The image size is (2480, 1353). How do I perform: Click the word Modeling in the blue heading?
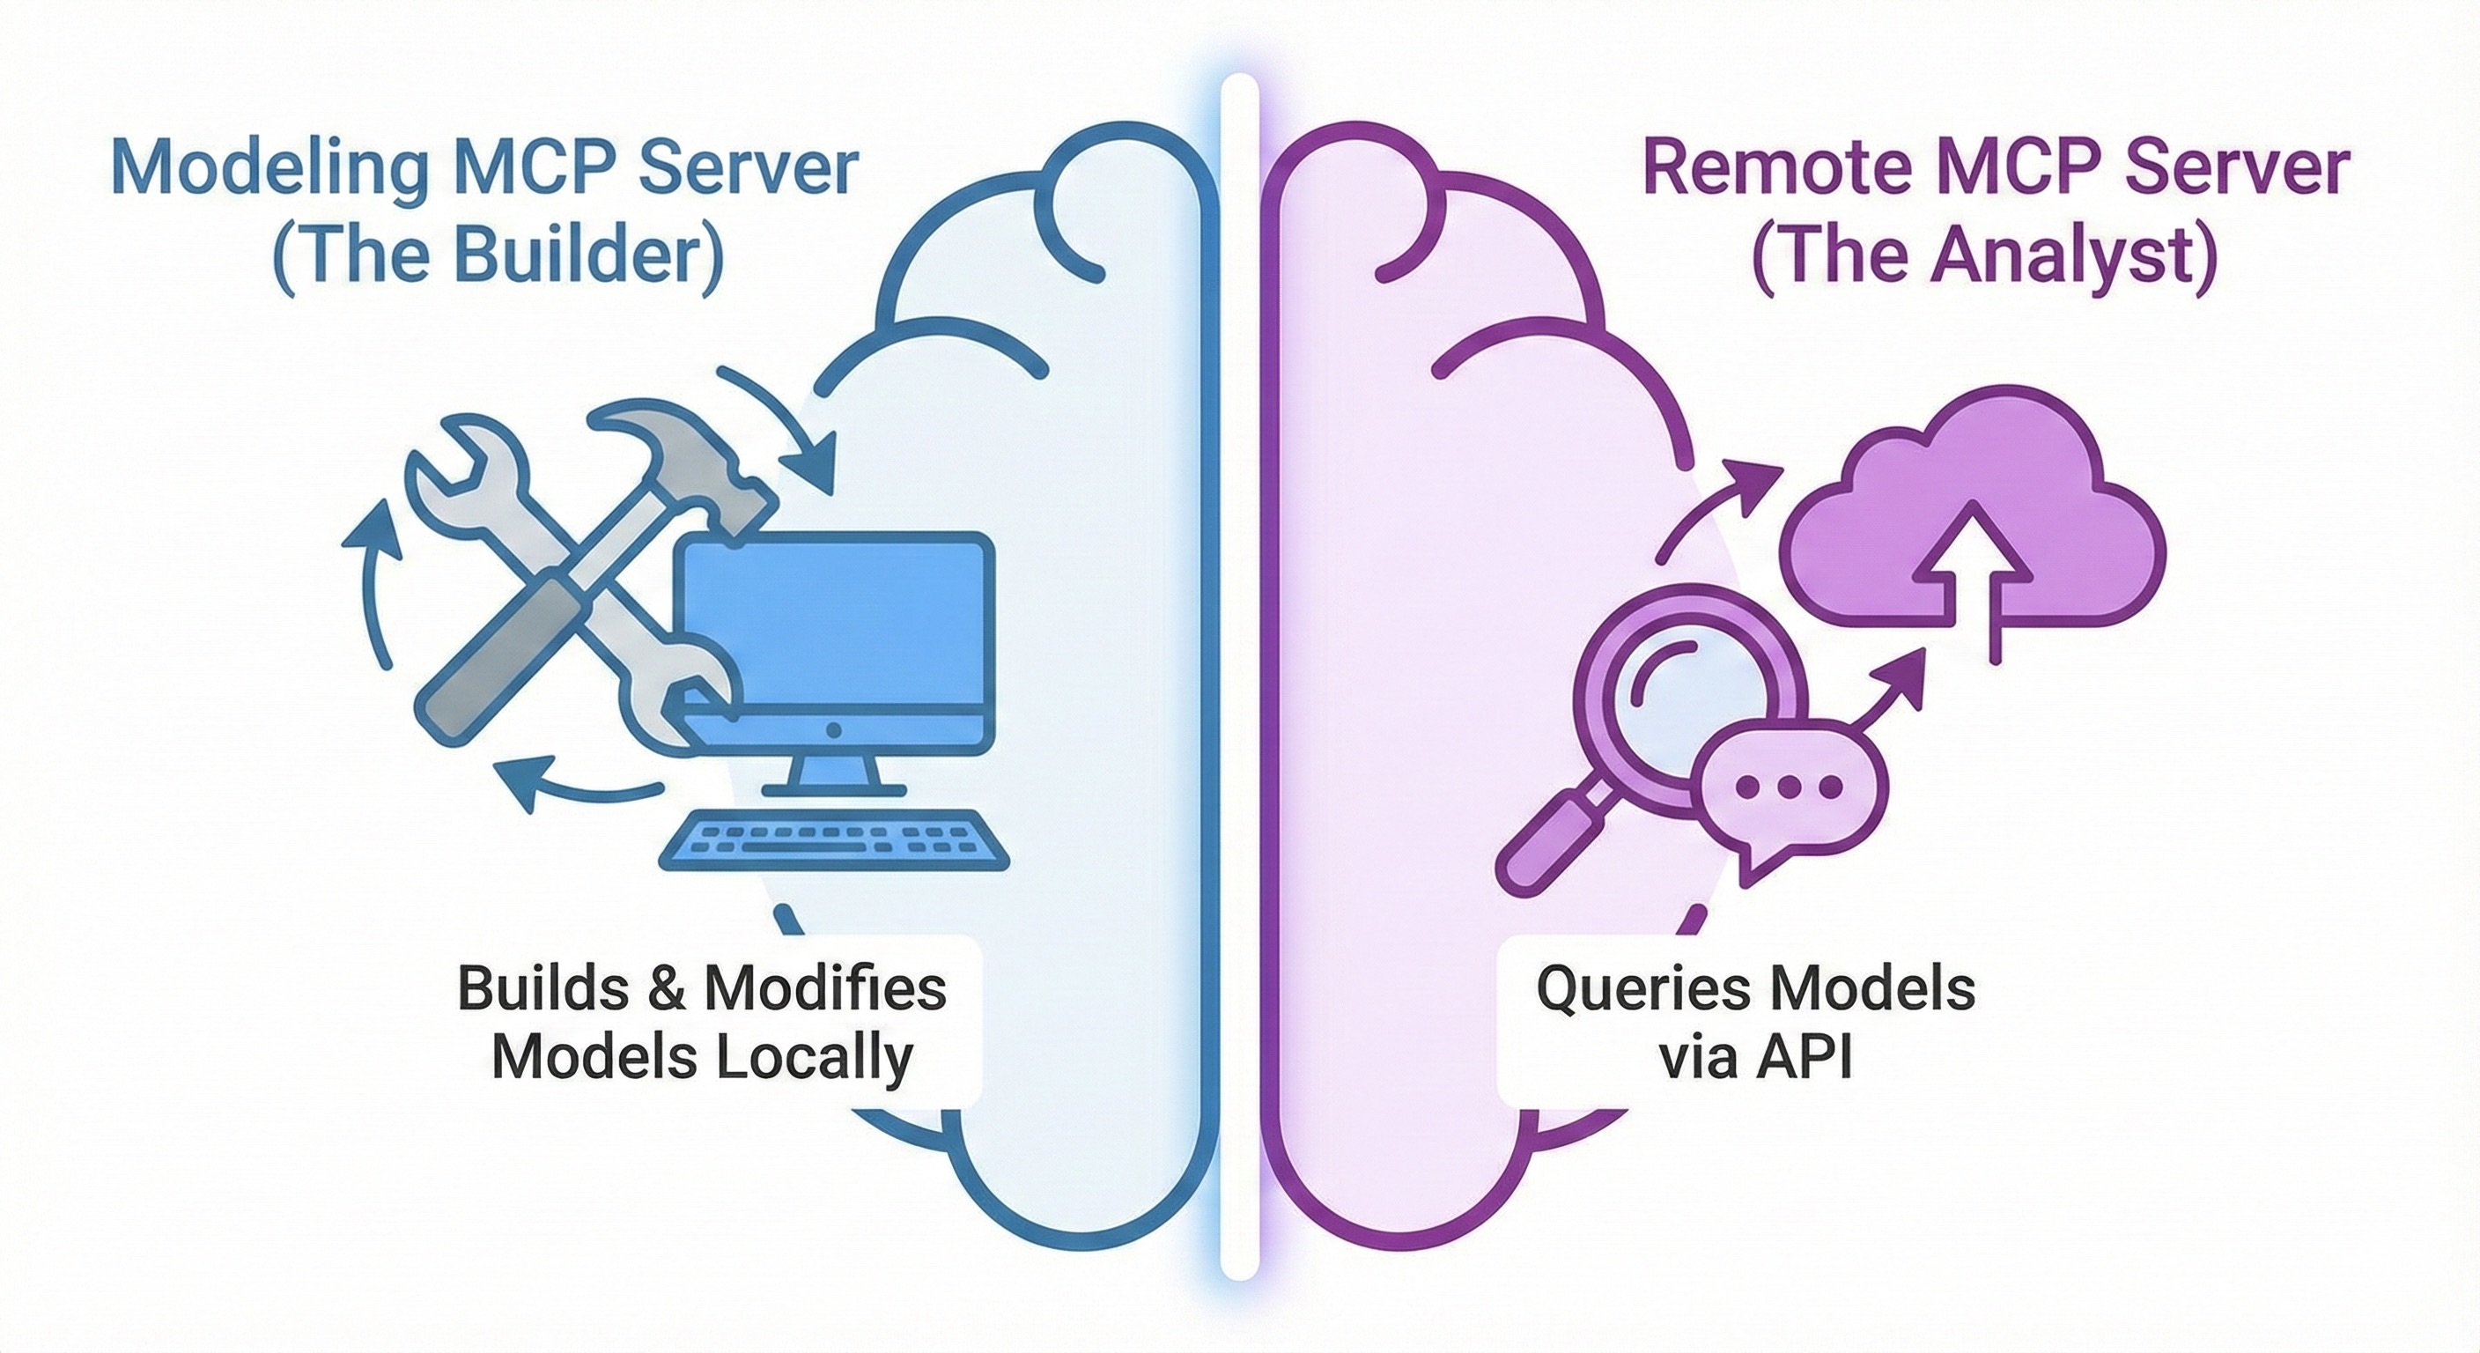269,169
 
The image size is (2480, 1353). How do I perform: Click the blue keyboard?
834,844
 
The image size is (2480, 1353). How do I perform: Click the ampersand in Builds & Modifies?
664,989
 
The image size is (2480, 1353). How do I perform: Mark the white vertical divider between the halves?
1240,674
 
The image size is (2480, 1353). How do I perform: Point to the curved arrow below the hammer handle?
578,782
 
